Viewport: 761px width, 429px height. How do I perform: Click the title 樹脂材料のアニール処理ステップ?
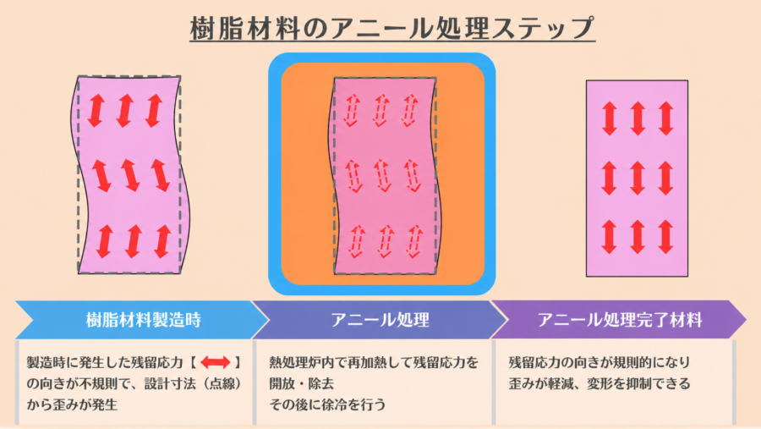click(392, 27)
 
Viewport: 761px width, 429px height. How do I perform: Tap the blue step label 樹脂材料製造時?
click(144, 320)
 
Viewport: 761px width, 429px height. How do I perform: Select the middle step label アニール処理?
click(380, 320)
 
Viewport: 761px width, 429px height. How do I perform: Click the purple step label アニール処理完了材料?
click(620, 320)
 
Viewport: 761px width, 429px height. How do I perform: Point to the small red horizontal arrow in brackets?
click(216, 362)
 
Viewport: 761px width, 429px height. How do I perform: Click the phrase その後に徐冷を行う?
click(327, 404)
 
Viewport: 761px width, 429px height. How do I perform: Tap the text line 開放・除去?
click(301, 383)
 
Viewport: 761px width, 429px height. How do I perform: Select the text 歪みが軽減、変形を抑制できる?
click(599, 383)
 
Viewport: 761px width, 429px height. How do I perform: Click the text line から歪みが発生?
click(72, 404)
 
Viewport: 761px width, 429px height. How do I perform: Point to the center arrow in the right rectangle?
click(638, 179)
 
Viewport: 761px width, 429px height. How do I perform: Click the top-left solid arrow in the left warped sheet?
click(96, 111)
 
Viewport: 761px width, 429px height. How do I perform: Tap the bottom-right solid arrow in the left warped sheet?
click(162, 241)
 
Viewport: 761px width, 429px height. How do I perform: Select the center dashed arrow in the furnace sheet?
click(382, 175)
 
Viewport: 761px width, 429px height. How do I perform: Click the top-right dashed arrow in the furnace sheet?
click(410, 110)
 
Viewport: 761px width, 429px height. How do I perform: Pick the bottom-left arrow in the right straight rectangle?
click(609, 237)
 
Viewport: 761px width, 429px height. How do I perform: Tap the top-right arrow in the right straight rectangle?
click(666, 118)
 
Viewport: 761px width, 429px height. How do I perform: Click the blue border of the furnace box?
click(275, 174)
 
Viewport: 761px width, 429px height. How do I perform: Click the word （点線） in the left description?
click(222, 383)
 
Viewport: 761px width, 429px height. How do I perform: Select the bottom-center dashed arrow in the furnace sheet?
click(386, 241)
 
